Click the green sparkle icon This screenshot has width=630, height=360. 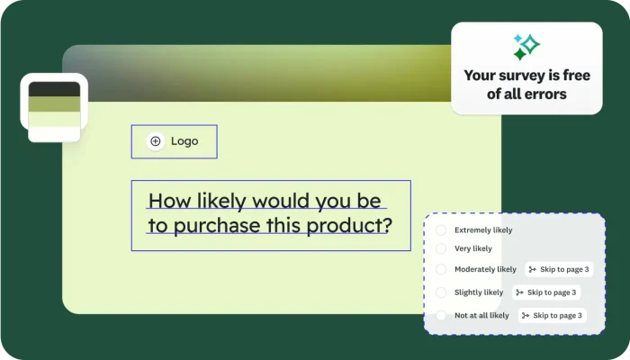coord(526,46)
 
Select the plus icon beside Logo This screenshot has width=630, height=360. coord(156,141)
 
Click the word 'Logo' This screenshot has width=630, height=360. coord(184,141)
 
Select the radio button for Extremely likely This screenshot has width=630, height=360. coord(441,230)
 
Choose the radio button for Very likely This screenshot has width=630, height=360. coord(441,248)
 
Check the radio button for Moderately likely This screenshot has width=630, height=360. coord(441,269)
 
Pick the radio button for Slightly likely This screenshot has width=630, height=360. coord(441,292)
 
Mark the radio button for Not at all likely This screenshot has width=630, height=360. coord(441,316)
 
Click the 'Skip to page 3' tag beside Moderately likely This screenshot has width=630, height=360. coord(559,269)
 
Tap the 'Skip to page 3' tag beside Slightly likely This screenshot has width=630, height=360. coord(546,292)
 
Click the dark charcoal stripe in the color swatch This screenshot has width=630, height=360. coord(54,89)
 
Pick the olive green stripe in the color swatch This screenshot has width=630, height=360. coord(54,104)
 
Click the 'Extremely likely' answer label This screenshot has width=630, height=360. coord(484,230)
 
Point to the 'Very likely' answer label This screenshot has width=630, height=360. coord(473,248)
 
